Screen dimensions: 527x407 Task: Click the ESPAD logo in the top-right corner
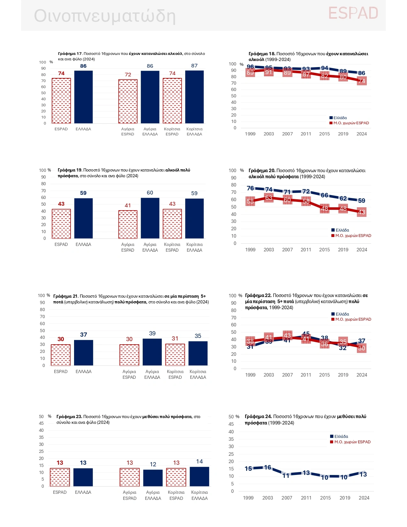[353, 13]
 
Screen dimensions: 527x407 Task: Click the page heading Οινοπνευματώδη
[105, 16]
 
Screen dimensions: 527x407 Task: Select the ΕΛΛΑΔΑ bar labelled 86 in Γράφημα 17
[83, 97]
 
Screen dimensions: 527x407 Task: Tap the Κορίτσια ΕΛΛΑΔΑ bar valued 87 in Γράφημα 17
[194, 97]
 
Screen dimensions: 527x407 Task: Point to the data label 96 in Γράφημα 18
[251, 67]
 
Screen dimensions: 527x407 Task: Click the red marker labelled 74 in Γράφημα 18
[362, 81]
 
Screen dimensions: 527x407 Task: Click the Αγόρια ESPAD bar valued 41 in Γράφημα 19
[128, 224]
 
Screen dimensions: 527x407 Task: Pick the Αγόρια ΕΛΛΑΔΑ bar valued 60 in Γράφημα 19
[150, 218]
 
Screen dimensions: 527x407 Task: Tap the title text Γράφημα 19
[70, 170]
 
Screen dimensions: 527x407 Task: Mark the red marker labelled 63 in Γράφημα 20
[269, 198]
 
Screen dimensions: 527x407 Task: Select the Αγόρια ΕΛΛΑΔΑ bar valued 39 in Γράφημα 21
[152, 352]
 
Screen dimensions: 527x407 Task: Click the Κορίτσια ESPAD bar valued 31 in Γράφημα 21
[175, 355]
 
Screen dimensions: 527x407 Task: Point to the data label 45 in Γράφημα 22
[306, 334]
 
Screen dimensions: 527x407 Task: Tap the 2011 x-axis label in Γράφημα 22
[306, 375]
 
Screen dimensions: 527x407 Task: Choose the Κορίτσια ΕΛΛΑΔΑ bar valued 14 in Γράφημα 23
[200, 477]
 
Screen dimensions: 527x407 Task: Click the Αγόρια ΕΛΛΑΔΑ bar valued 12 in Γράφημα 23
[153, 478]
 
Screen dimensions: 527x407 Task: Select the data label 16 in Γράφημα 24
[268, 467]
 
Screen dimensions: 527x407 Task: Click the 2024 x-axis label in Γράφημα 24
[364, 498]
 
